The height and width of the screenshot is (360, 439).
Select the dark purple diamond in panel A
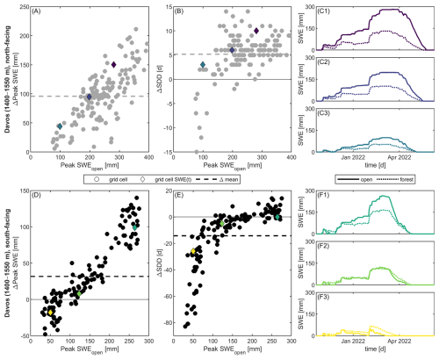click(x=113, y=65)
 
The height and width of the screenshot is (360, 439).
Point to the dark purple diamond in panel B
click(x=256, y=31)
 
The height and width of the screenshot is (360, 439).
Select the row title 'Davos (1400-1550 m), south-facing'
click(x=7, y=268)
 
